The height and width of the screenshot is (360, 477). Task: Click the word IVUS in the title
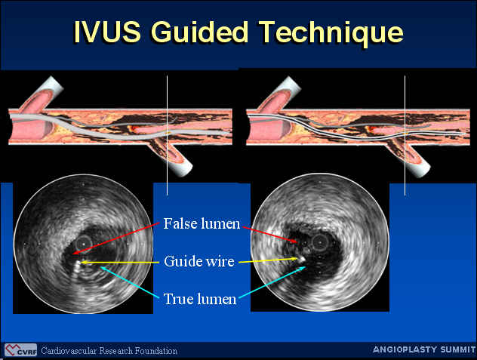click(x=107, y=32)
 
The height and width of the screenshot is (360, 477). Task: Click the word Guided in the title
click(x=199, y=32)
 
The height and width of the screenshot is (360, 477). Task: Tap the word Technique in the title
click(x=332, y=33)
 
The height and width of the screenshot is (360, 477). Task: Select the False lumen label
click(x=202, y=224)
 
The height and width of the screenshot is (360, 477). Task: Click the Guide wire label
click(x=199, y=261)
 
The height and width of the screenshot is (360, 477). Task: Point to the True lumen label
click(x=200, y=299)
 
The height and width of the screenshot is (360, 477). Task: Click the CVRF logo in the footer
click(x=20, y=350)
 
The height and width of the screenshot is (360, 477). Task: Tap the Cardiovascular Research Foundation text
click(x=109, y=351)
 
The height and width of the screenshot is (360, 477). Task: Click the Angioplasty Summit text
click(x=424, y=349)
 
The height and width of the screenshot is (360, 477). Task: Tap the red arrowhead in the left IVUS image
click(x=75, y=252)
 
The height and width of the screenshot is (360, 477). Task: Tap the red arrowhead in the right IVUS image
click(x=295, y=242)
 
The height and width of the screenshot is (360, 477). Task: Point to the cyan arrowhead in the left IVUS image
click(x=103, y=268)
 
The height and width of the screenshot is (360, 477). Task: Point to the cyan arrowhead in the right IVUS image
click(x=303, y=268)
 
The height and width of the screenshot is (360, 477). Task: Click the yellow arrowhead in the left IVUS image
click(x=83, y=261)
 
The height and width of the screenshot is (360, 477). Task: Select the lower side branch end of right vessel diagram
click(x=422, y=170)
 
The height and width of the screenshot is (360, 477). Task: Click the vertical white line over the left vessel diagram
click(x=167, y=135)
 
